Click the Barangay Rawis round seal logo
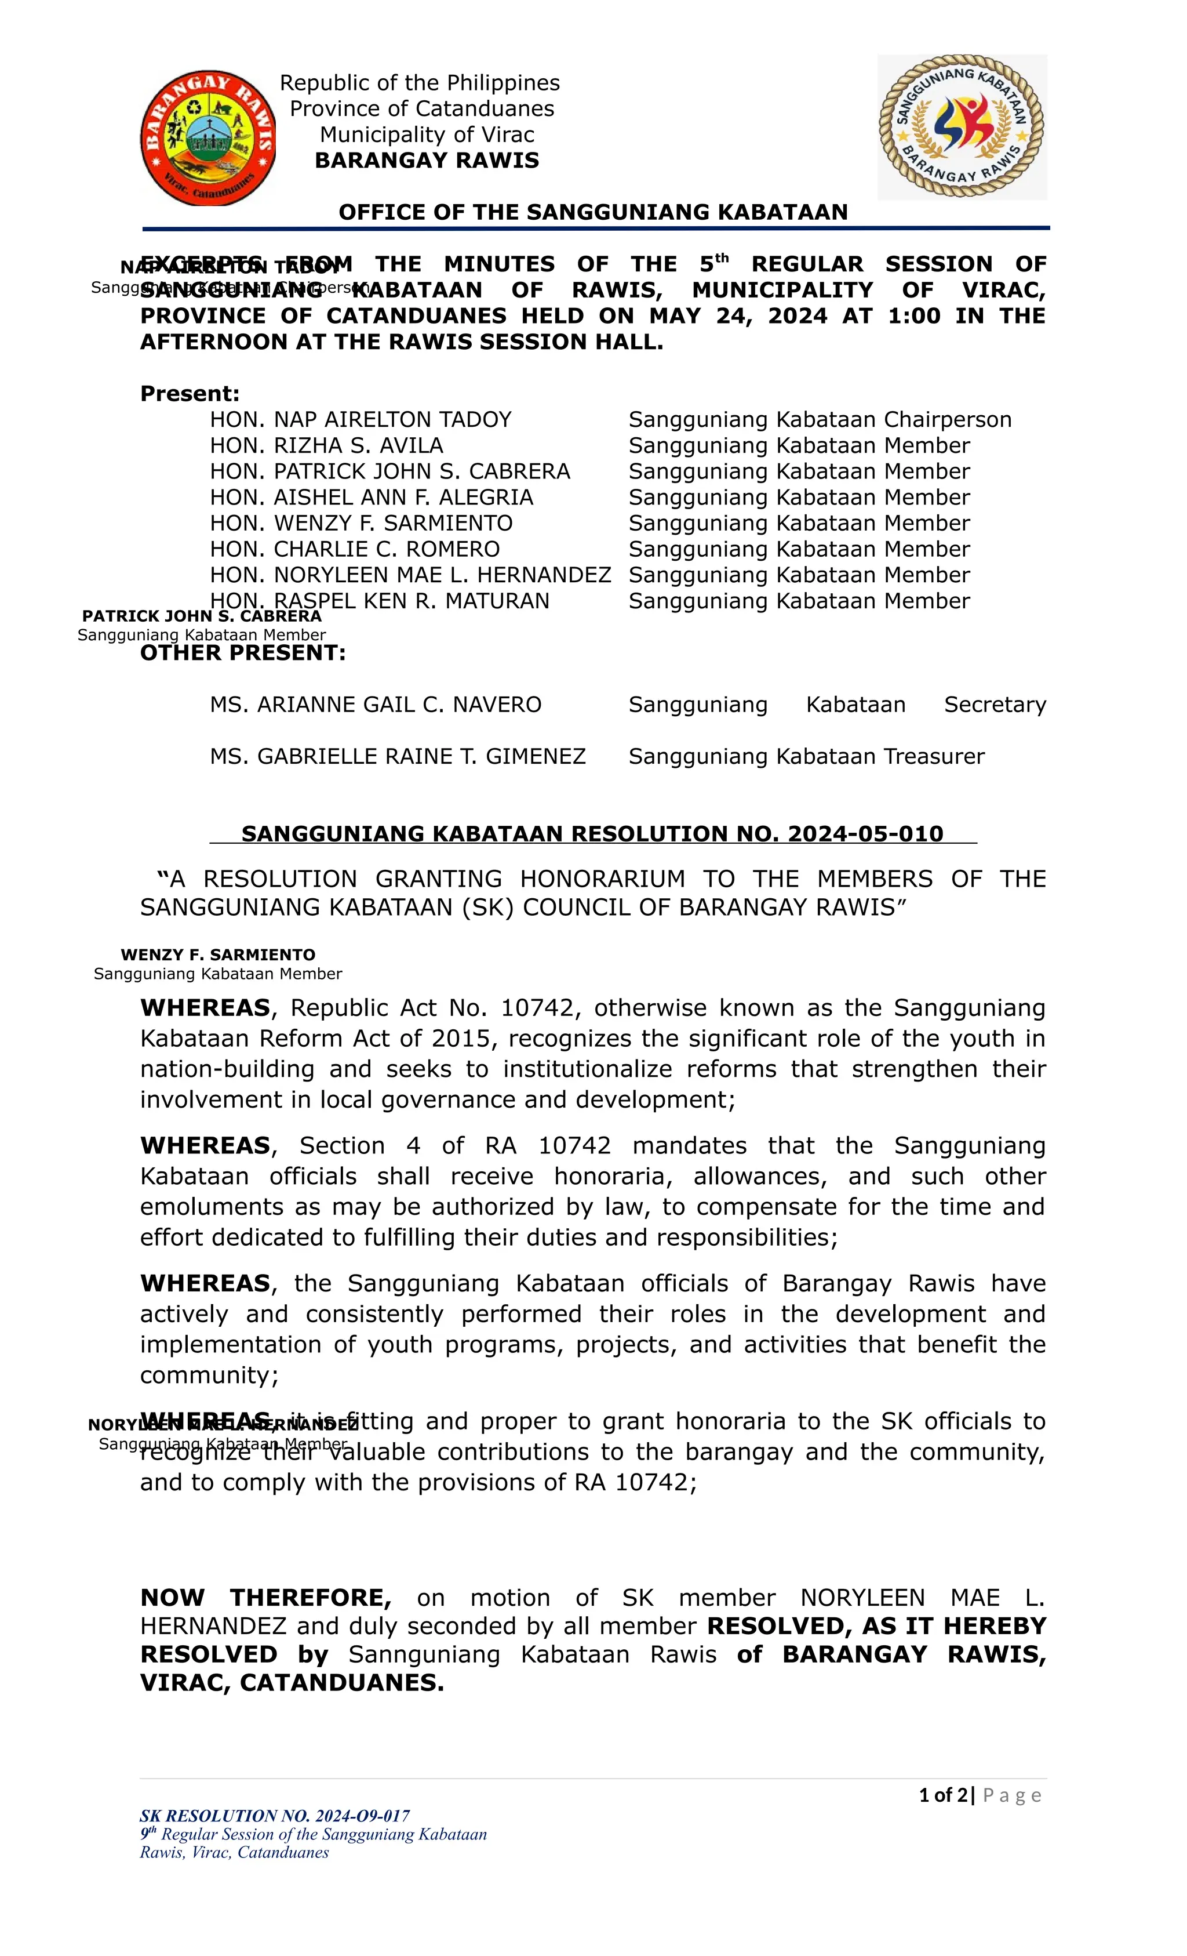(208, 138)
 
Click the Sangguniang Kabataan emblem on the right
(962, 126)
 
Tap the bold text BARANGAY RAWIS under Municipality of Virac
(427, 161)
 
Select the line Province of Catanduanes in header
(421, 109)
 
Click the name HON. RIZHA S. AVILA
(326, 445)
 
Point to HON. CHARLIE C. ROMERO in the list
(355, 549)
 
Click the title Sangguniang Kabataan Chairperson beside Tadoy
(820, 420)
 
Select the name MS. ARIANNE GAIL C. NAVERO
(376, 705)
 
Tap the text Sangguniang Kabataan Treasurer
(806, 757)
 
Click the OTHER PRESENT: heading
(243, 654)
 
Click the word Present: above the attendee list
(190, 394)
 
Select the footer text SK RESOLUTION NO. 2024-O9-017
(275, 1816)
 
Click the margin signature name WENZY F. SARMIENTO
(218, 955)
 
